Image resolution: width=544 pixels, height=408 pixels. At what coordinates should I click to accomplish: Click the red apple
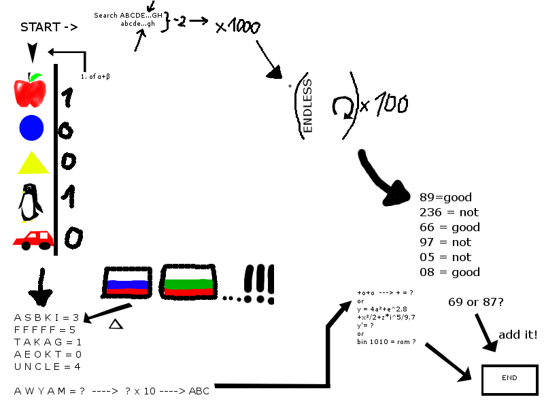(x=29, y=92)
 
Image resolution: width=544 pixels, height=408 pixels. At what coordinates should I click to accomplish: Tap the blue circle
(x=31, y=129)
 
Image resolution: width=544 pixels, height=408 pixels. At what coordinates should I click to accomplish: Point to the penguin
(x=29, y=203)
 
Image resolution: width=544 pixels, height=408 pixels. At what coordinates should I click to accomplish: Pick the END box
(x=509, y=378)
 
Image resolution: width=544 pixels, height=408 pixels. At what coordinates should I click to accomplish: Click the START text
(x=48, y=28)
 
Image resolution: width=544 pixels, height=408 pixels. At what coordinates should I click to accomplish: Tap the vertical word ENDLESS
(x=307, y=105)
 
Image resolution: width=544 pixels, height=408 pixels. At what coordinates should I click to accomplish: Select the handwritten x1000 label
(x=238, y=27)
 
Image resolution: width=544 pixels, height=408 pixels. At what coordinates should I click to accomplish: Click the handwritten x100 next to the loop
(x=385, y=105)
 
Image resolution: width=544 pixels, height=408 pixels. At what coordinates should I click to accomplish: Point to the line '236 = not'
(x=449, y=212)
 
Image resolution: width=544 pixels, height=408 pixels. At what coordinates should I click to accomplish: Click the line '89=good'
(x=445, y=197)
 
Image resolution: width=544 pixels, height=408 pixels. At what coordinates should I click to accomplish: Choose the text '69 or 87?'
(x=476, y=301)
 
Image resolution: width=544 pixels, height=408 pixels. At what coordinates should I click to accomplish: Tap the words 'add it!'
(x=518, y=335)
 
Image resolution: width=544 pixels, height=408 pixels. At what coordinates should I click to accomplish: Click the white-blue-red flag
(x=127, y=281)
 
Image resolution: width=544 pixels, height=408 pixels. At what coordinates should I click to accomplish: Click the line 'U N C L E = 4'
(x=48, y=367)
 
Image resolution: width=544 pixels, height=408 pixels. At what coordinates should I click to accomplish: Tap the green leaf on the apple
(x=35, y=77)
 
